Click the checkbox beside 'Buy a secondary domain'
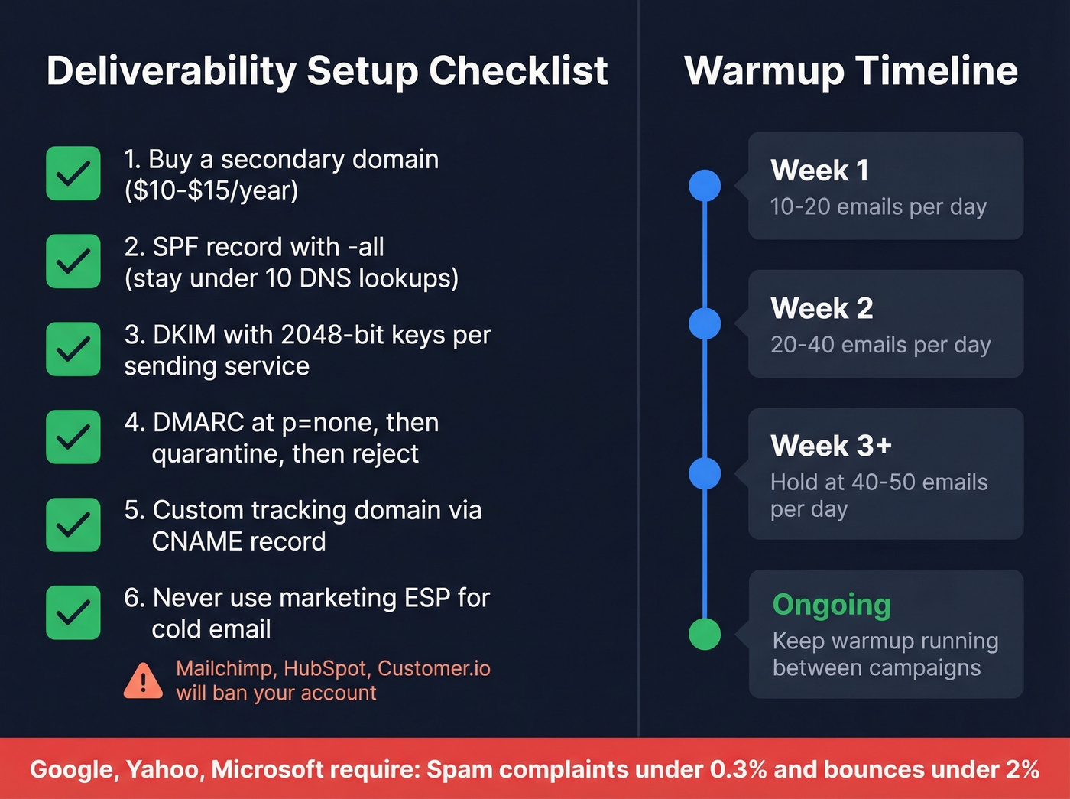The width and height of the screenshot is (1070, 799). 73,174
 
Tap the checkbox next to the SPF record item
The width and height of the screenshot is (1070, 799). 73,261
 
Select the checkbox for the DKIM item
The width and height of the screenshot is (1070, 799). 73,349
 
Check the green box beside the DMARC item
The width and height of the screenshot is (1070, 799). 73,437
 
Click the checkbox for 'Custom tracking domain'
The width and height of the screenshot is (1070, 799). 73,525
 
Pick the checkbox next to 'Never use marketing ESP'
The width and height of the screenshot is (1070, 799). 73,612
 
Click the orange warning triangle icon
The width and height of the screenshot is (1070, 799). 143,681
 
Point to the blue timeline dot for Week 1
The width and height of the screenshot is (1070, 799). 705,186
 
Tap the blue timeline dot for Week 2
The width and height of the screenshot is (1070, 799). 705,323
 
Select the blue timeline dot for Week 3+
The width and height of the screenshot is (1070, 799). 705,473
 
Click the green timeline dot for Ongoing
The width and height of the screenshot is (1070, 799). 705,634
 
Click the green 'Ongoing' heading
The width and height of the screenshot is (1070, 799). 832,605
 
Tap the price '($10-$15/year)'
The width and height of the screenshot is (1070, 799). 211,190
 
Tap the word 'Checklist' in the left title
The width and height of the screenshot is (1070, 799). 518,71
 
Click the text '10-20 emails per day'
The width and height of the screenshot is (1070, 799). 878,207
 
